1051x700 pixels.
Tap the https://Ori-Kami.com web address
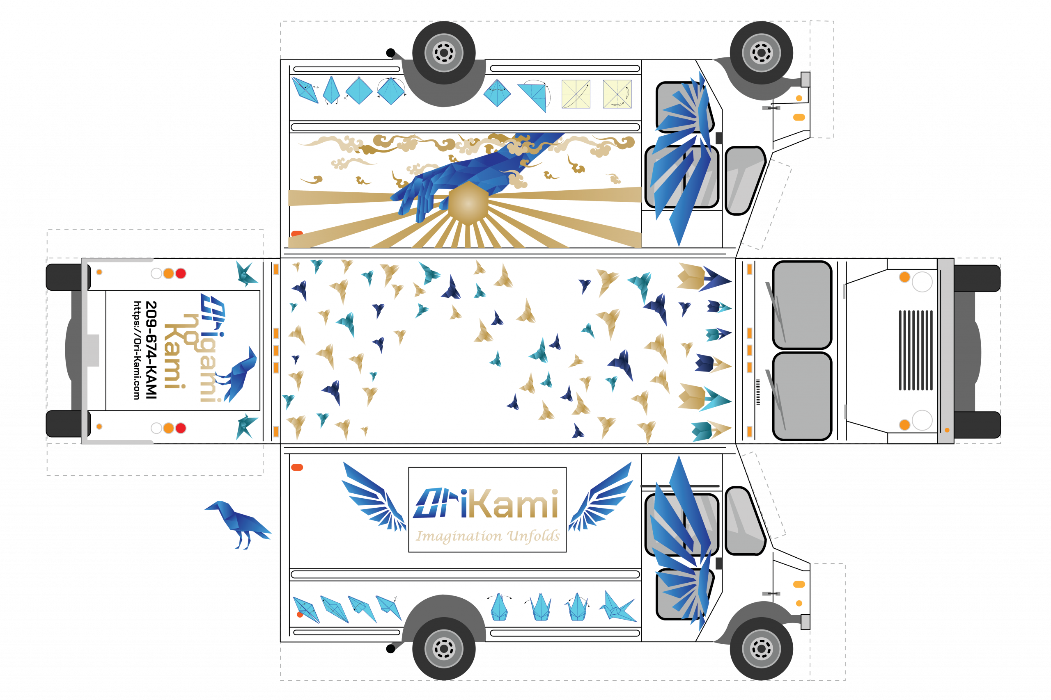(137, 350)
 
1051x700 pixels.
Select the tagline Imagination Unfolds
(487, 535)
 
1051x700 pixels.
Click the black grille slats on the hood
(916, 350)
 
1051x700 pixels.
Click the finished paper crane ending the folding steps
(618, 607)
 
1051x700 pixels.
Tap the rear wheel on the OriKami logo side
(444, 648)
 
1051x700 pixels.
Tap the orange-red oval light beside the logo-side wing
(297, 467)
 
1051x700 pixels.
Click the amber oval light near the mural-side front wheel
(799, 117)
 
